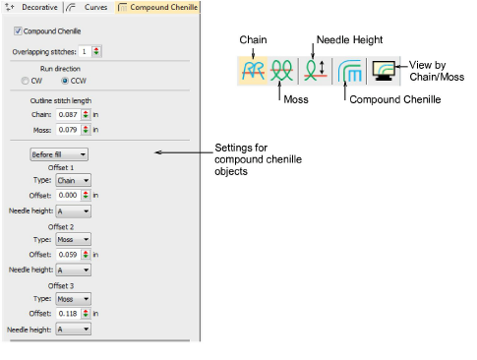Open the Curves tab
click(x=91, y=7)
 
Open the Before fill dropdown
click(x=58, y=153)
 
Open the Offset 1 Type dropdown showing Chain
click(x=73, y=180)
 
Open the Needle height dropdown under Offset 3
click(x=73, y=330)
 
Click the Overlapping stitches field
click(x=85, y=50)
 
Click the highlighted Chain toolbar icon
click(x=253, y=71)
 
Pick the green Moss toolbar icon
click(x=282, y=71)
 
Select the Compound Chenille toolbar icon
click(x=351, y=71)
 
